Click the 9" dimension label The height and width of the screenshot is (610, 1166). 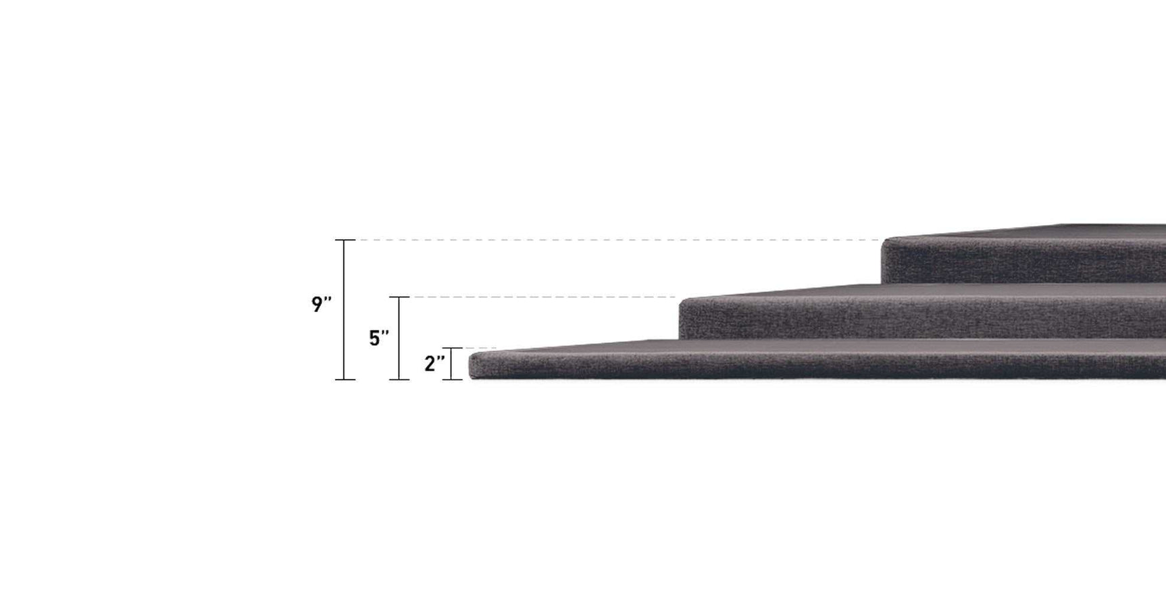point(321,305)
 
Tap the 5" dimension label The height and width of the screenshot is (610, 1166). point(378,338)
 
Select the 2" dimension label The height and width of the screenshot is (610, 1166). point(434,363)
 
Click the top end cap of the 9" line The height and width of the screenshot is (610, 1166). point(345,240)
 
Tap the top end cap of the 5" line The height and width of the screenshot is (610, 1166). point(399,297)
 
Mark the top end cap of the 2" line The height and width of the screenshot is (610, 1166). point(452,349)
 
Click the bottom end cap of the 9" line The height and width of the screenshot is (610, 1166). point(345,380)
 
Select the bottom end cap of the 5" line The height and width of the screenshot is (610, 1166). point(399,380)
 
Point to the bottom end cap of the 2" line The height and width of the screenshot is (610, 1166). point(452,380)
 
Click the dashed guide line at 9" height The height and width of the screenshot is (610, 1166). point(608,240)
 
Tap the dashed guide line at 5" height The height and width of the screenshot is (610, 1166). point(540,297)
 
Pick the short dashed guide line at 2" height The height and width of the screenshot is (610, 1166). point(480,349)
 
